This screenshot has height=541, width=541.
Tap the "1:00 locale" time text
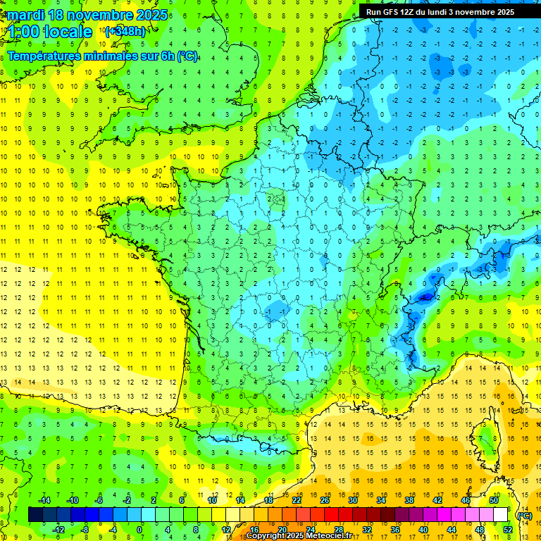pyautogui.click(x=49, y=32)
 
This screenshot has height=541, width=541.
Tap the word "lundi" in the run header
pyautogui.click(x=446, y=12)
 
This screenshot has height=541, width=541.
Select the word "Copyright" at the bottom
pyautogui.click(x=268, y=535)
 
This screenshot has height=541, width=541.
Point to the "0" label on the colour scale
pyautogui.click(x=139, y=529)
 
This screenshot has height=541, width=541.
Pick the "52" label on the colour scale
pyautogui.click(x=508, y=529)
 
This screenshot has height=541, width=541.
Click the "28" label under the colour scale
pyautogui.click(x=339, y=529)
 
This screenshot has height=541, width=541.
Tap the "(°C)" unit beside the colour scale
pyautogui.click(x=524, y=515)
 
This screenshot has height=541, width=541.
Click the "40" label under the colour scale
pyautogui.click(x=423, y=529)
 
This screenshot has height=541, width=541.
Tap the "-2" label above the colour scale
pyautogui.click(x=127, y=500)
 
